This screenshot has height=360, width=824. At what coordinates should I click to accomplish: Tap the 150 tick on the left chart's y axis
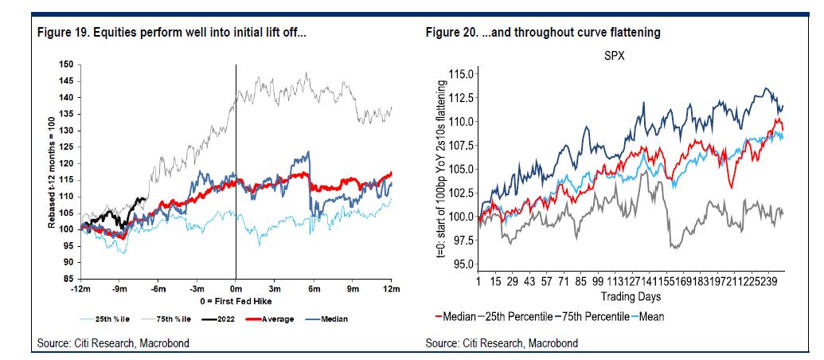(66, 64)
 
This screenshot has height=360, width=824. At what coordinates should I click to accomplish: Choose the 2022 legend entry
(209, 319)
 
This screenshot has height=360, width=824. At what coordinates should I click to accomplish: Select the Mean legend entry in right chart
(650, 316)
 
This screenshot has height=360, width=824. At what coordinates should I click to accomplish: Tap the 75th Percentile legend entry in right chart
(585, 316)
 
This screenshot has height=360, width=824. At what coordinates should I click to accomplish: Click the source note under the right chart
(502, 343)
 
